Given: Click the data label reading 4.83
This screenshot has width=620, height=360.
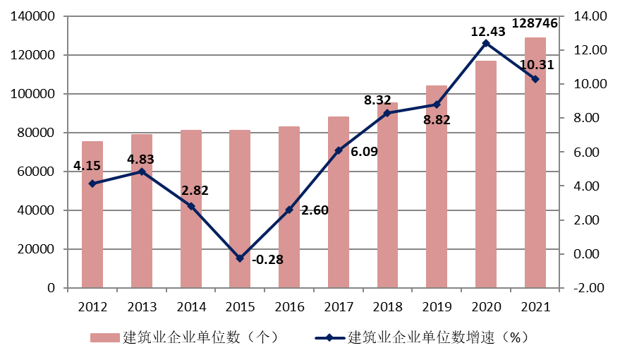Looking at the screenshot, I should click(x=141, y=160).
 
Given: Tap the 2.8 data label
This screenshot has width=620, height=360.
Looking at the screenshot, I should click(x=191, y=191).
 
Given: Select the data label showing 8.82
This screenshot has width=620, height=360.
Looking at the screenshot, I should click(x=437, y=120).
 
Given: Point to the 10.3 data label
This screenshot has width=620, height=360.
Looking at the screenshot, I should click(x=533, y=65).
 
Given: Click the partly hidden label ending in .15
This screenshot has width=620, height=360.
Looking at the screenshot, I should click(x=91, y=167).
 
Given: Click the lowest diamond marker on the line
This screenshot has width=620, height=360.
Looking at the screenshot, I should click(x=240, y=258).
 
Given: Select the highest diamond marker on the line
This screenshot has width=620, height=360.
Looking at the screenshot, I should click(x=486, y=43).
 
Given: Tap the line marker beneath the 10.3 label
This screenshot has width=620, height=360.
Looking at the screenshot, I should click(x=535, y=79).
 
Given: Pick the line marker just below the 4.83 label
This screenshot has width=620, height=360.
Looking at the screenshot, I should click(x=142, y=172).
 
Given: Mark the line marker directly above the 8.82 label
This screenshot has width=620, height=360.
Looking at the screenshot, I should click(x=437, y=104).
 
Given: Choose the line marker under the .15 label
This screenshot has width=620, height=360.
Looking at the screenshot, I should click(x=92, y=184).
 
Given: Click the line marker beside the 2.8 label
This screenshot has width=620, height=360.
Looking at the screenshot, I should click(x=191, y=206).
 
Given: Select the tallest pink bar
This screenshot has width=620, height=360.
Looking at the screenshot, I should click(x=535, y=162).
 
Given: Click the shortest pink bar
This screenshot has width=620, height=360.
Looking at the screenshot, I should click(x=92, y=215).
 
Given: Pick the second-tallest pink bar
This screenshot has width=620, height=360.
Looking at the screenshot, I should click(x=486, y=174).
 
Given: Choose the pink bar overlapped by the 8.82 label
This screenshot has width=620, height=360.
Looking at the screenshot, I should click(x=437, y=186).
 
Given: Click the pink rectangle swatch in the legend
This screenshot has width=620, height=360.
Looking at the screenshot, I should click(x=105, y=337).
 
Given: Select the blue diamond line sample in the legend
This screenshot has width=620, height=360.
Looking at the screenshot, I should click(x=329, y=337).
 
